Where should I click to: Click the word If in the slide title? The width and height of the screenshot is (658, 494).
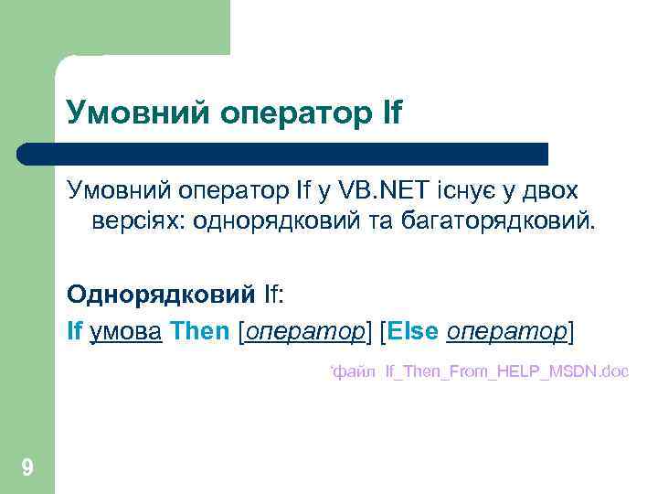coord(387,113)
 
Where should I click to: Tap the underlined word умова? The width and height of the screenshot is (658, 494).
coord(126,330)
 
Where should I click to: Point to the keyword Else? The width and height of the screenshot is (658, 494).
coord(412,330)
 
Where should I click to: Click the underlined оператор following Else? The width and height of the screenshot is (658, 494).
coord(506,330)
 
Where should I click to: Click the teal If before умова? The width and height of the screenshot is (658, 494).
coord(74,330)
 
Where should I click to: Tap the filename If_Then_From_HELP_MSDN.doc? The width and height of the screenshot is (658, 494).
coord(506,372)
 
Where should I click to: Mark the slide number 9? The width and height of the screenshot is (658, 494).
coord(27,469)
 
